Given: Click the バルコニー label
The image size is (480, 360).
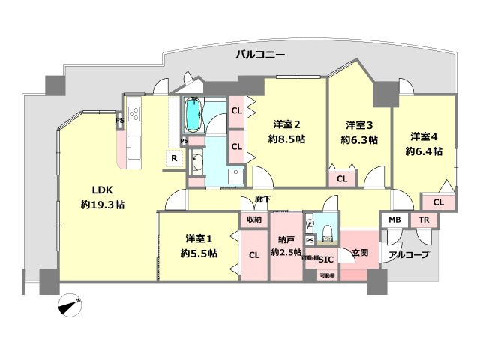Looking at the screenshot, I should (260, 54).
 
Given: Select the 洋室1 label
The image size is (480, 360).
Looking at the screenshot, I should (199, 239).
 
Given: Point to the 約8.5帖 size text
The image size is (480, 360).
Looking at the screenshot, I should (286, 139).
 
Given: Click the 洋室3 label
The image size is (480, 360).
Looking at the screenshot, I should (359, 125).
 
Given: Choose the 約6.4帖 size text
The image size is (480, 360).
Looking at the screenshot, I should (424, 151).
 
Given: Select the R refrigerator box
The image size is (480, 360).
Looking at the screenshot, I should (174, 159).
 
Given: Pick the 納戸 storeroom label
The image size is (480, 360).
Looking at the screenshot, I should (286, 239).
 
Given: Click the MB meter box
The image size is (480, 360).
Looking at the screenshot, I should (394, 220).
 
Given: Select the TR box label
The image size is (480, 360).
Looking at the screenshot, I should (424, 220).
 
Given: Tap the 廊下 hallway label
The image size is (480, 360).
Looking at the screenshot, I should (262, 199).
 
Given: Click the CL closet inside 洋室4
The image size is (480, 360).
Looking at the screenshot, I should (438, 202).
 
